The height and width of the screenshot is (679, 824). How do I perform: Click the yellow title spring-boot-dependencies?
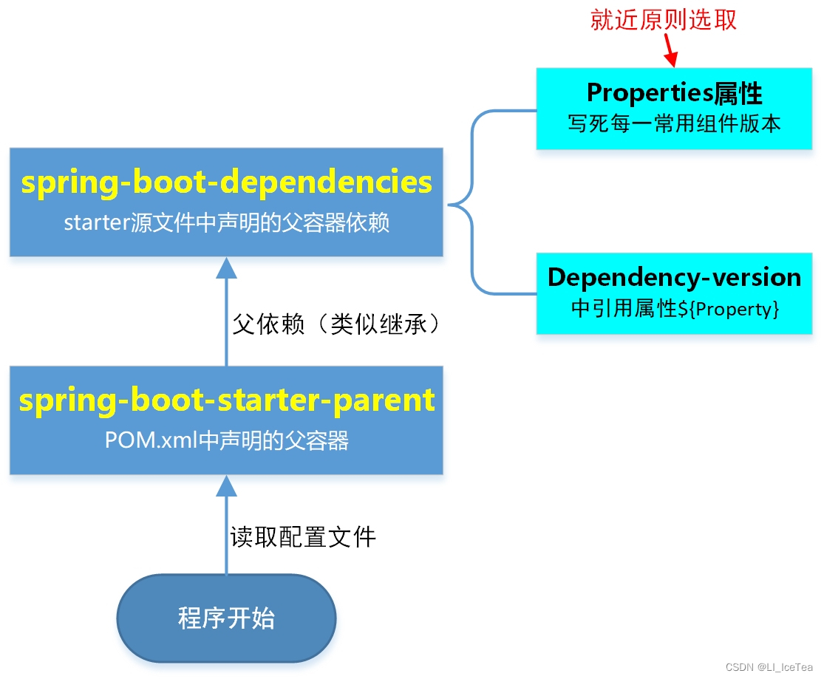point(226,182)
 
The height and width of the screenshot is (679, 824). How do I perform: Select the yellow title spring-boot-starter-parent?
point(226,400)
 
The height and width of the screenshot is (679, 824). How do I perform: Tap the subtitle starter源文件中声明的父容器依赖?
point(226,222)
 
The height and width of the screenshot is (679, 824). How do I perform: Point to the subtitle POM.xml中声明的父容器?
point(226,440)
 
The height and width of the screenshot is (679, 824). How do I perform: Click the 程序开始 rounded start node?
point(226,618)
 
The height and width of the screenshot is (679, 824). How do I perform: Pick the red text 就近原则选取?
point(663,20)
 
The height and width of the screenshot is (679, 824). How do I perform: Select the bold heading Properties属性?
point(674,93)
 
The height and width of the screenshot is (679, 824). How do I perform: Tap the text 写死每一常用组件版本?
point(674,123)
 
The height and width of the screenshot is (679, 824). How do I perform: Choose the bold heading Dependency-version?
point(674,277)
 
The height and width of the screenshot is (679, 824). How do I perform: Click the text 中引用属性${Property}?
point(674,308)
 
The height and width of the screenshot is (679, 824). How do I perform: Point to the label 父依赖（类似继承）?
point(336,324)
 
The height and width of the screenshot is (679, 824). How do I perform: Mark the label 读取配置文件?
point(303,536)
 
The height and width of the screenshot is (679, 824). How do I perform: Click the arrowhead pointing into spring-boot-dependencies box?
point(226,267)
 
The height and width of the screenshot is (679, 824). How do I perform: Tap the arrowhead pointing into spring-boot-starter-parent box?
point(226,485)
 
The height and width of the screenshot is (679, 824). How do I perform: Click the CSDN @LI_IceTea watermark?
point(769,666)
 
